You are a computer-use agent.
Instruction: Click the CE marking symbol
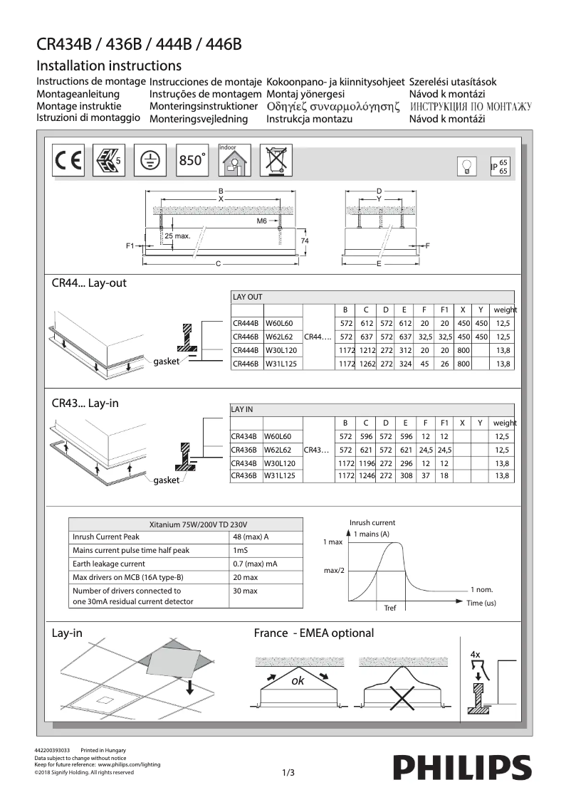tap(68, 161)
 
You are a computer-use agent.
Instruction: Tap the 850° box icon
tap(192, 160)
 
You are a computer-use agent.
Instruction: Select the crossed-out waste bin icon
tap(275, 160)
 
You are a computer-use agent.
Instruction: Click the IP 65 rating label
tap(499, 167)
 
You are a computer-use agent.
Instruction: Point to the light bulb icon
tap(467, 167)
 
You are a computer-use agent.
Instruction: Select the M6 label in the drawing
tap(261, 221)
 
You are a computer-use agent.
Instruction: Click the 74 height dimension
tap(305, 242)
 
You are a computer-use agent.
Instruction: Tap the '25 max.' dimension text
tap(177, 236)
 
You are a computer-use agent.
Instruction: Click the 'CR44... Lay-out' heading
tap(89, 283)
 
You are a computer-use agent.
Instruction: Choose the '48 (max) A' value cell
tap(251, 537)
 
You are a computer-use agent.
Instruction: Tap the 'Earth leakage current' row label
tap(109, 564)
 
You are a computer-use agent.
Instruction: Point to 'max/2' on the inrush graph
tap(334, 571)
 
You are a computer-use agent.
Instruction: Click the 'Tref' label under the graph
tap(389, 608)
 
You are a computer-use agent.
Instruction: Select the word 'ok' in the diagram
tap(298, 680)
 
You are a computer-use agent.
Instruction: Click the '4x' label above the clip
tap(475, 653)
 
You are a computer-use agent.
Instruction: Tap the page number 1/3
tap(288, 772)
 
